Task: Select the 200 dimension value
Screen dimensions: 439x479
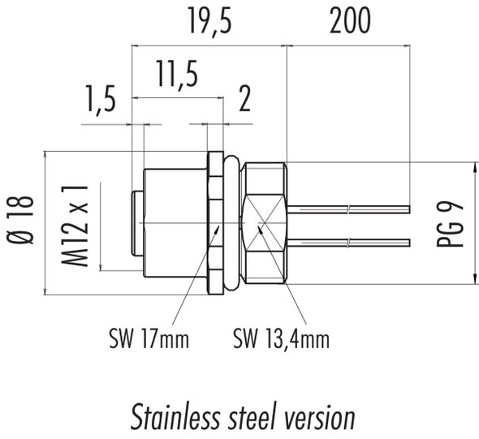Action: click(x=350, y=23)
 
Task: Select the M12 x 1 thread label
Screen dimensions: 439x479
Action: click(x=76, y=225)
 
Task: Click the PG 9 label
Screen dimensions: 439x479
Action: click(x=455, y=223)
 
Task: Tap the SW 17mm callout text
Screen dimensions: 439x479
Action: click(x=148, y=338)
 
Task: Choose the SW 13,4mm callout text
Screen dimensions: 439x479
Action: click(x=281, y=338)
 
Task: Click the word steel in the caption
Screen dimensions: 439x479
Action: click(x=248, y=418)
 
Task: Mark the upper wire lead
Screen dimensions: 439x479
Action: click(x=349, y=209)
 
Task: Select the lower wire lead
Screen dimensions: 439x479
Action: click(x=349, y=242)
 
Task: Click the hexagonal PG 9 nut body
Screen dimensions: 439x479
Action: click(x=265, y=222)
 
